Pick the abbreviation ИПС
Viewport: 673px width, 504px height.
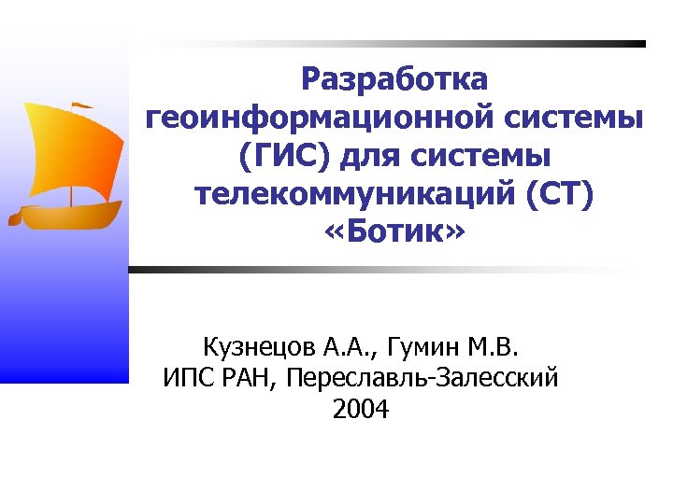pos(186,378)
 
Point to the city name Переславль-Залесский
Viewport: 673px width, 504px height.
pos(423,378)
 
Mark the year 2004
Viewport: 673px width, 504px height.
pos(360,408)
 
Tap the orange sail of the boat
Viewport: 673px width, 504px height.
pos(75,149)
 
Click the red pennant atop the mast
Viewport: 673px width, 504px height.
pos(82,105)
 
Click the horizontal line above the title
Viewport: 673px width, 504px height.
pos(393,44)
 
